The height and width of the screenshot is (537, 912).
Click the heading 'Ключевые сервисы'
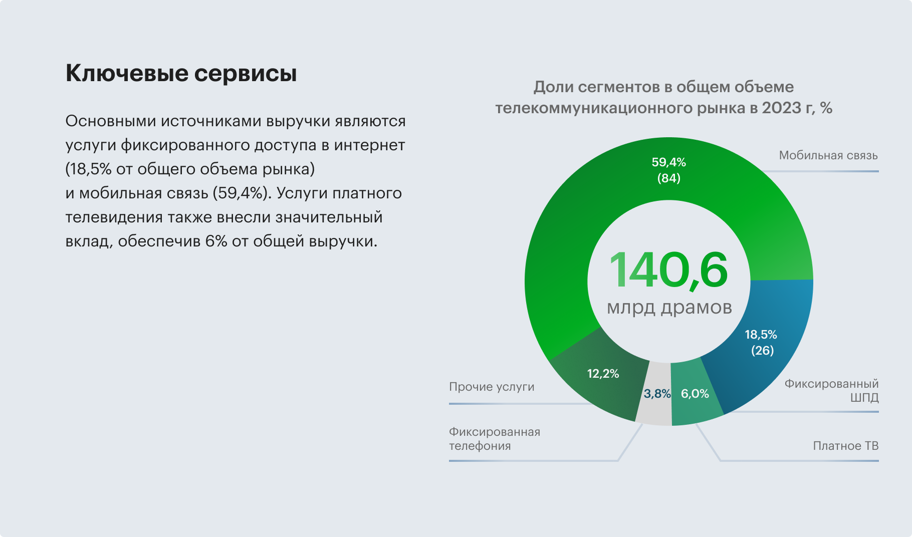(x=181, y=73)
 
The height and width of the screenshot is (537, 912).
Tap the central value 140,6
(x=668, y=271)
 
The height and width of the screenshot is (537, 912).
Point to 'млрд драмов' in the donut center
(x=669, y=307)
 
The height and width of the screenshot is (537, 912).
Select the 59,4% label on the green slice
(x=668, y=162)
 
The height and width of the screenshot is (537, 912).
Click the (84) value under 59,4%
(x=668, y=178)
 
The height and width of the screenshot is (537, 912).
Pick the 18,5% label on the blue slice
(x=761, y=335)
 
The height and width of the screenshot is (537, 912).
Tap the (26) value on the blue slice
(x=762, y=350)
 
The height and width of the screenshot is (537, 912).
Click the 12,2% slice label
(x=603, y=374)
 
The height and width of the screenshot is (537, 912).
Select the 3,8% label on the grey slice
(x=657, y=394)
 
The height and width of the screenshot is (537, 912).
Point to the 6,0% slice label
(x=695, y=394)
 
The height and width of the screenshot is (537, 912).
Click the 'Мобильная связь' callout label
(x=828, y=155)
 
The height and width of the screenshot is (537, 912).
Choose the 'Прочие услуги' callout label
(x=492, y=387)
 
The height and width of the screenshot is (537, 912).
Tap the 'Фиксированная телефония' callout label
(x=494, y=439)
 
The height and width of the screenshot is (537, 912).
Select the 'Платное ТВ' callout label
(x=845, y=446)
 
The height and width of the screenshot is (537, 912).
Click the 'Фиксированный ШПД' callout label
(x=831, y=391)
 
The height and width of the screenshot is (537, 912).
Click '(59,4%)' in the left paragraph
(x=242, y=193)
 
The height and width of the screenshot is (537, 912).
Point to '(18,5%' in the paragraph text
(x=88, y=169)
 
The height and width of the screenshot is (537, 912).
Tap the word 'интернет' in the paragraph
(x=369, y=145)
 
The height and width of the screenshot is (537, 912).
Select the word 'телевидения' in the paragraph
(x=114, y=217)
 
